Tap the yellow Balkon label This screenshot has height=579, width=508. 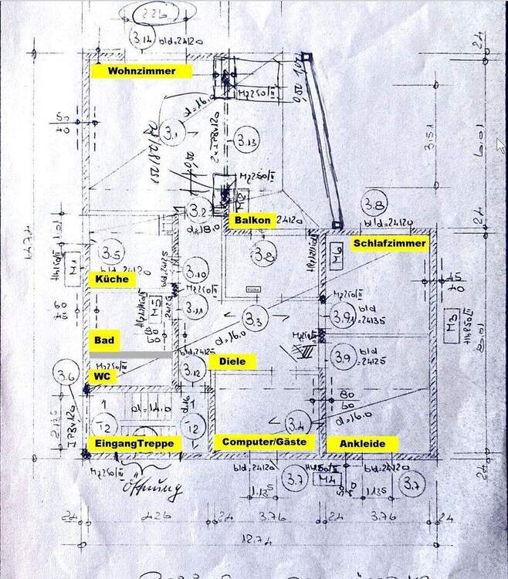tap(253, 221)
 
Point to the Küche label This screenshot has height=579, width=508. tap(113, 279)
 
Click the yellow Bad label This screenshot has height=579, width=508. tap(103, 340)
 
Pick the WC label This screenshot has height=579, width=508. tap(101, 375)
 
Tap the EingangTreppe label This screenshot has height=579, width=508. tap(137, 443)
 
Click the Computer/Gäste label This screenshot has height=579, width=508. tap(264, 442)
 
